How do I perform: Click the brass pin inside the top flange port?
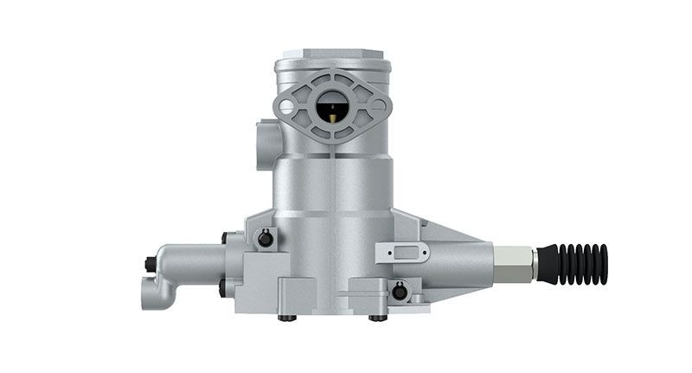[x=332, y=110]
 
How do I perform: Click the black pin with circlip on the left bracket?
[x=266, y=238]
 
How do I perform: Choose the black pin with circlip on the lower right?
[x=399, y=292]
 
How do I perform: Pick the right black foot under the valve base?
[x=378, y=318]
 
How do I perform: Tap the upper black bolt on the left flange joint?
[x=226, y=237]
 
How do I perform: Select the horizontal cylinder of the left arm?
[x=190, y=260]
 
